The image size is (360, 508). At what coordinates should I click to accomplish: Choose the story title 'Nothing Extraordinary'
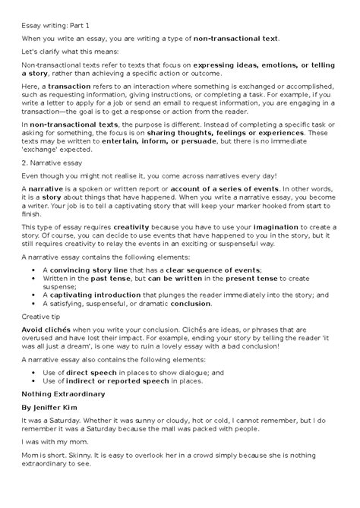click(x=63, y=444)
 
